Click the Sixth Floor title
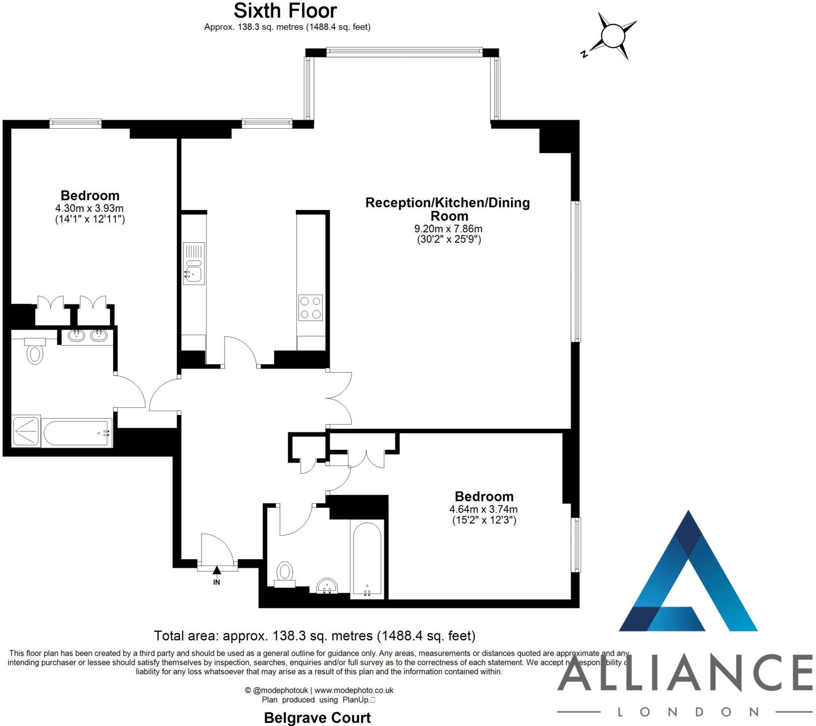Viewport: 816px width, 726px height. click(x=285, y=11)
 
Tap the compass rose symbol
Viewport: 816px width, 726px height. click(x=613, y=36)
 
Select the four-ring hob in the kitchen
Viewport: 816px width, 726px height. click(x=311, y=307)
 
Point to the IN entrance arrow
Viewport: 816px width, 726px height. click(x=217, y=571)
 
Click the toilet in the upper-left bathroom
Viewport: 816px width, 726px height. click(x=35, y=353)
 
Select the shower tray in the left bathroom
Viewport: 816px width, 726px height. click(x=26, y=431)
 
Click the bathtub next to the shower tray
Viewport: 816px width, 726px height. click(x=77, y=433)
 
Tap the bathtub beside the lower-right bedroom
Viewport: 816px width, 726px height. click(x=367, y=559)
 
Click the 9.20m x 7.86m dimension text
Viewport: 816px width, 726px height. click(x=448, y=229)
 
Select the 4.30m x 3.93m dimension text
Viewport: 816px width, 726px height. click(x=89, y=208)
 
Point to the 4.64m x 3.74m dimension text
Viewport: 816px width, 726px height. click(x=484, y=509)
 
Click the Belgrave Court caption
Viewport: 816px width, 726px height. click(x=317, y=717)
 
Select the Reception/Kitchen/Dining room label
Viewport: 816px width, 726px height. click(x=448, y=209)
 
